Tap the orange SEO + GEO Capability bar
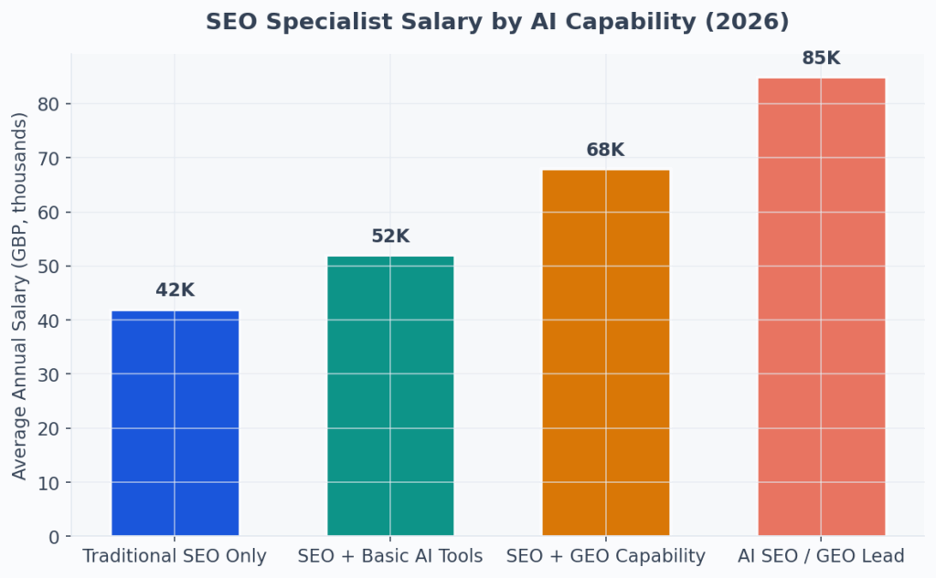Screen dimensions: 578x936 (x=605, y=352)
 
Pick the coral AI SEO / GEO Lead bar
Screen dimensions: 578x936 (x=821, y=307)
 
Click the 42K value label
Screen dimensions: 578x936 (x=175, y=290)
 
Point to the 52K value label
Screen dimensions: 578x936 (x=390, y=236)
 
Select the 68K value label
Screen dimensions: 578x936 (x=605, y=150)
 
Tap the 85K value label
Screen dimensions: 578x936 (x=821, y=58)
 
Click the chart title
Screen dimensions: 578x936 (x=496, y=22)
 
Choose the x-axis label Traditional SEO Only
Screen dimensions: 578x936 (x=175, y=556)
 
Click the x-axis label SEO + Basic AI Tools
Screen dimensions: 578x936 (x=390, y=556)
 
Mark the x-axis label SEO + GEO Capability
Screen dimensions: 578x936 (x=605, y=556)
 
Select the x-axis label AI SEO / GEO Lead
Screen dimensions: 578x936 (x=821, y=556)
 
